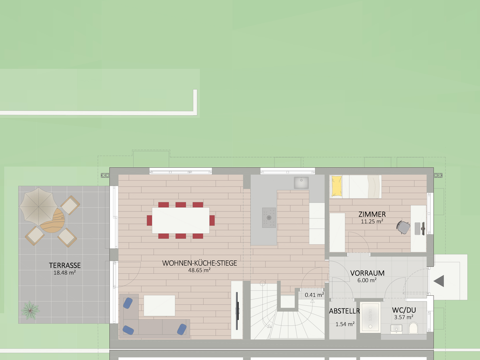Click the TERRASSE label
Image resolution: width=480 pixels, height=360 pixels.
coord(65,265)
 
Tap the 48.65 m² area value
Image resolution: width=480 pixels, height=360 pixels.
coord(199,270)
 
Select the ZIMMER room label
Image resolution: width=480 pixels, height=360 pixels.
coord(372,214)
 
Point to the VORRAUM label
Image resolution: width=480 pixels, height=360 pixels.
coord(367,273)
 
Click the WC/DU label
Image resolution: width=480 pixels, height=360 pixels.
coord(404,310)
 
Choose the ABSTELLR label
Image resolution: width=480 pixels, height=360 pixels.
coord(345,311)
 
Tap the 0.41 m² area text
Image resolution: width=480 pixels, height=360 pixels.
coord(315,295)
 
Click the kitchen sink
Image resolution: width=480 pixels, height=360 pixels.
coord(301,183)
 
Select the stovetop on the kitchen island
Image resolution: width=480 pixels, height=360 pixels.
coord(269,217)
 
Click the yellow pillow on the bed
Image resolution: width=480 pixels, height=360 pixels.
coord(337,186)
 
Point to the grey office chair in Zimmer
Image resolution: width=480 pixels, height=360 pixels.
coord(404,227)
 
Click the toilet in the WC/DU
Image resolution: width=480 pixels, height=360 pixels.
coord(413,328)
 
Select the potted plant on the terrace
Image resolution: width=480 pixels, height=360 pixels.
coord(30,310)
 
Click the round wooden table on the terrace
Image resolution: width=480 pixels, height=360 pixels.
coord(52,220)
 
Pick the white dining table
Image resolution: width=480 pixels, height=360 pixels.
coord(180,220)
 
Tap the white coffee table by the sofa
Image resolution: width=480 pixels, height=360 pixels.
coord(159,306)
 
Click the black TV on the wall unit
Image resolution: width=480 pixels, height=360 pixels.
coord(237,311)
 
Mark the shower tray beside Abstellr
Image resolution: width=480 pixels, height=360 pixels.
coord(370,317)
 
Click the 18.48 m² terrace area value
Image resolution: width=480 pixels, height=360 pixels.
coord(65,272)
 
